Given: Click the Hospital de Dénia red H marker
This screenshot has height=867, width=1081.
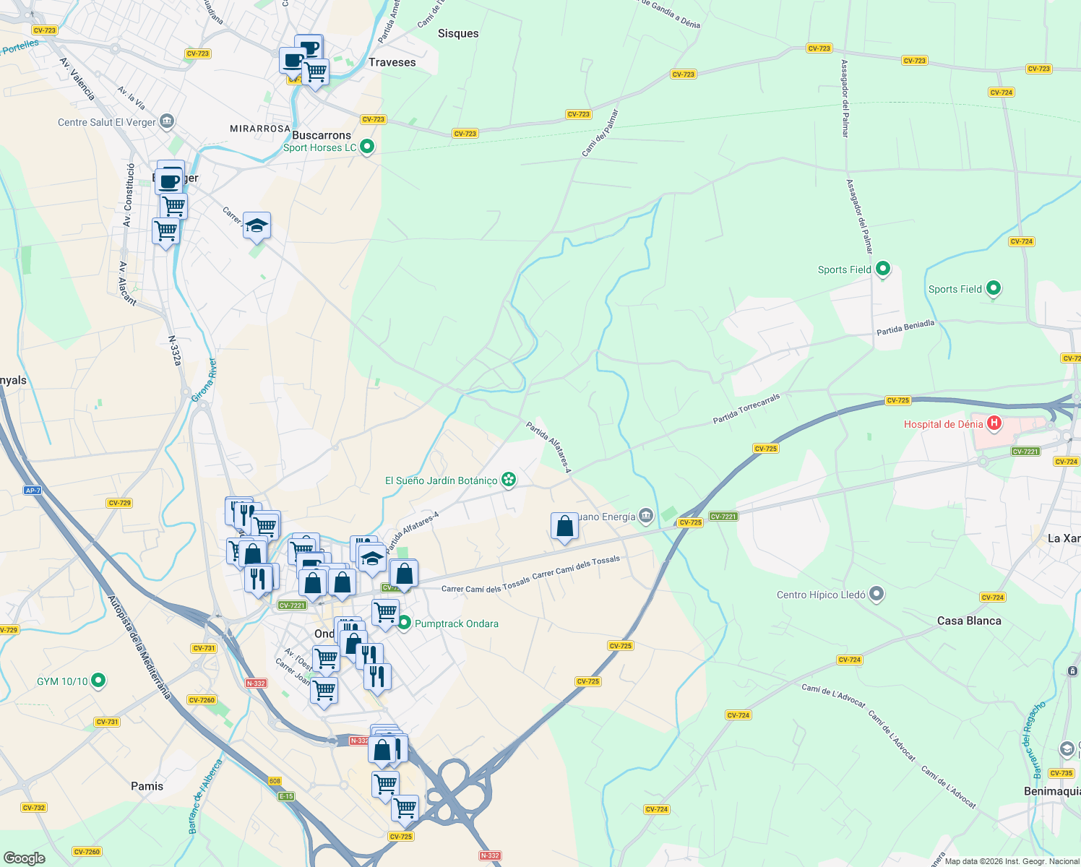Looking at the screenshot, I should point(994,423).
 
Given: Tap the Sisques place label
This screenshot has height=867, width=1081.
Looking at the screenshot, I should point(458,33).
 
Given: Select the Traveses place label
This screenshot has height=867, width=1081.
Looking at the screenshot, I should point(392,62).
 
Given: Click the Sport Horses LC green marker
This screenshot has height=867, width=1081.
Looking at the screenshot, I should point(367,147).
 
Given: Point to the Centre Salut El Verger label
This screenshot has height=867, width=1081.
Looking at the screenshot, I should point(107,122).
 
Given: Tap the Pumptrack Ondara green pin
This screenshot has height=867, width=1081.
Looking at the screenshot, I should point(404,623).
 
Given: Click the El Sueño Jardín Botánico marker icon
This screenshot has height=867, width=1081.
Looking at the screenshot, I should point(509,480).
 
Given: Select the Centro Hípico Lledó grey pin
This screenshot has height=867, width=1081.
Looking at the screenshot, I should point(877,595).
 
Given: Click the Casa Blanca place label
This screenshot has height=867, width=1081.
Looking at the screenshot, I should point(969,621).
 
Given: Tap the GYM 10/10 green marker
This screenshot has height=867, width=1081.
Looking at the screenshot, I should point(99,681).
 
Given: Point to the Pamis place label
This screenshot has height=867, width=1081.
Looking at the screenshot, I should point(147,786).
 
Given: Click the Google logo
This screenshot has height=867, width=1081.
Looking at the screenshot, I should point(25,858).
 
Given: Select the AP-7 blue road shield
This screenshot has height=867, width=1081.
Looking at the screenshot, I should point(33,491).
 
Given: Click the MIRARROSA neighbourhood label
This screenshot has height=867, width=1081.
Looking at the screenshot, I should point(260,129).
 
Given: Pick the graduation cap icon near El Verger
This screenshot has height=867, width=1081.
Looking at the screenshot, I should point(257,227).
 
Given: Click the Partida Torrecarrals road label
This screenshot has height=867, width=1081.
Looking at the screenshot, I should point(746,409).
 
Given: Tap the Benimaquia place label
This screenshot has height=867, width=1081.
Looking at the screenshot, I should point(1052,791).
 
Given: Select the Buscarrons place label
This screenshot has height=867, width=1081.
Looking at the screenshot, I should point(322,135).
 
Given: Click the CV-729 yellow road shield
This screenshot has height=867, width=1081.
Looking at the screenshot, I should point(119,503).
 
